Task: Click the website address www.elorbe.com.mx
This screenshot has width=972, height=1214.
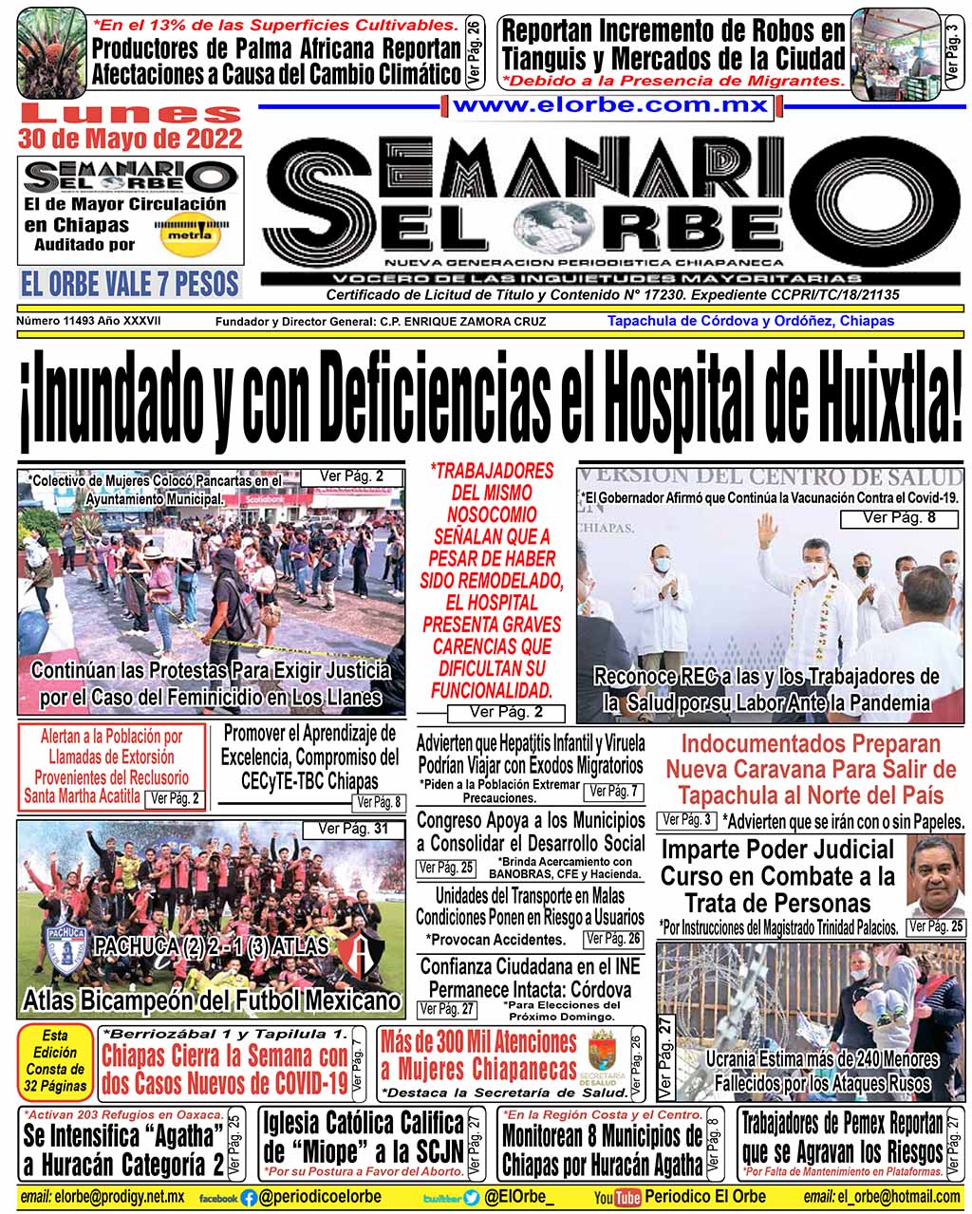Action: point(610,105)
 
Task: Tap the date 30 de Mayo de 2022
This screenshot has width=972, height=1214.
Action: point(130,139)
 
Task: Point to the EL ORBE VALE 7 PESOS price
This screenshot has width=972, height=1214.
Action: point(130,283)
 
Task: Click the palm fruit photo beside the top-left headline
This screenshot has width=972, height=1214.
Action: point(51,53)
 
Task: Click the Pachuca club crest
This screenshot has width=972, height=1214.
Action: point(67,945)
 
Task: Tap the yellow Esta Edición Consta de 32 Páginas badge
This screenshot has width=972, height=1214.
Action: point(55,1060)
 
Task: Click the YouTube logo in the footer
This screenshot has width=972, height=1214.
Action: point(616,1198)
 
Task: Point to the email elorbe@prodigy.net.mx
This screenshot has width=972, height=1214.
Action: point(103,1198)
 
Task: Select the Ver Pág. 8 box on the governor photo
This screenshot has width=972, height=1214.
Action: point(898,518)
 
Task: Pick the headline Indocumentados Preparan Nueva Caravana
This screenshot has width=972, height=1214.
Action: point(810,769)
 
